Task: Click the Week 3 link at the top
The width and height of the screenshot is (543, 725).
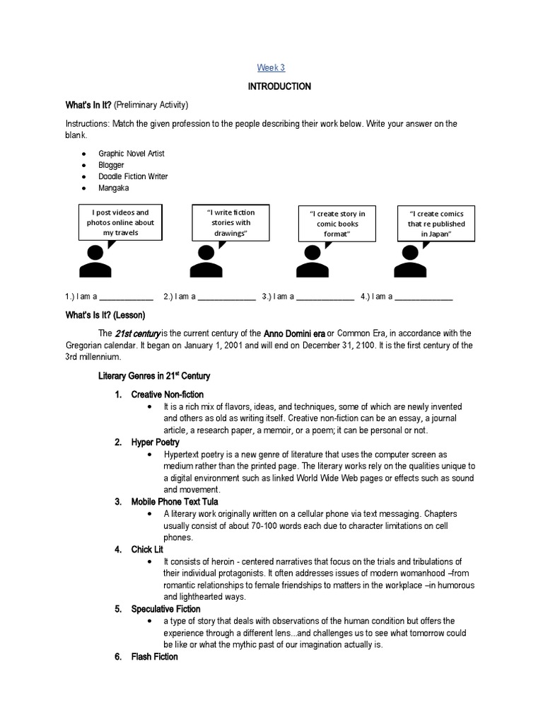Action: click(x=271, y=67)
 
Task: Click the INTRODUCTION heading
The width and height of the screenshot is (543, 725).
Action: click(x=279, y=86)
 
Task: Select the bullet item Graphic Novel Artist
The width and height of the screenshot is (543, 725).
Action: click(x=132, y=153)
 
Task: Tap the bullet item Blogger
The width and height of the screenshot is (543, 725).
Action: click(x=111, y=165)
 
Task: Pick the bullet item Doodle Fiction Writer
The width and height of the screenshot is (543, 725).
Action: click(x=133, y=176)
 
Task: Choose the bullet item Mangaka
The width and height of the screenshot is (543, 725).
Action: click(x=114, y=188)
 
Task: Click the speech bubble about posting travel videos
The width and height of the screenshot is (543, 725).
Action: click(x=118, y=222)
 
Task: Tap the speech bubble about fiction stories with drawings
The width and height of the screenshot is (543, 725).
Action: click(x=230, y=222)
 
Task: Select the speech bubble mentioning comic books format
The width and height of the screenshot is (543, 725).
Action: click(x=337, y=223)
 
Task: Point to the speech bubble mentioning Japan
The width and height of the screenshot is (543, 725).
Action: click(x=436, y=223)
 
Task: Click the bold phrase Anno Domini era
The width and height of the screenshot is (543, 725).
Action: click(x=294, y=333)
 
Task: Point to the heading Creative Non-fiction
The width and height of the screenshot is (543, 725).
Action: click(x=167, y=394)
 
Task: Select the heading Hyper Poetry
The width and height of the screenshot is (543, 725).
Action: click(x=155, y=443)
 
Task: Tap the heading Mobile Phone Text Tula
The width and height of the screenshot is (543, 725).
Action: click(x=175, y=502)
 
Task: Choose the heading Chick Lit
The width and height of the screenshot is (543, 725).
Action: click(x=147, y=549)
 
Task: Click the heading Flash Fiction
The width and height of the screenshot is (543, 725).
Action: click(x=154, y=657)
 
